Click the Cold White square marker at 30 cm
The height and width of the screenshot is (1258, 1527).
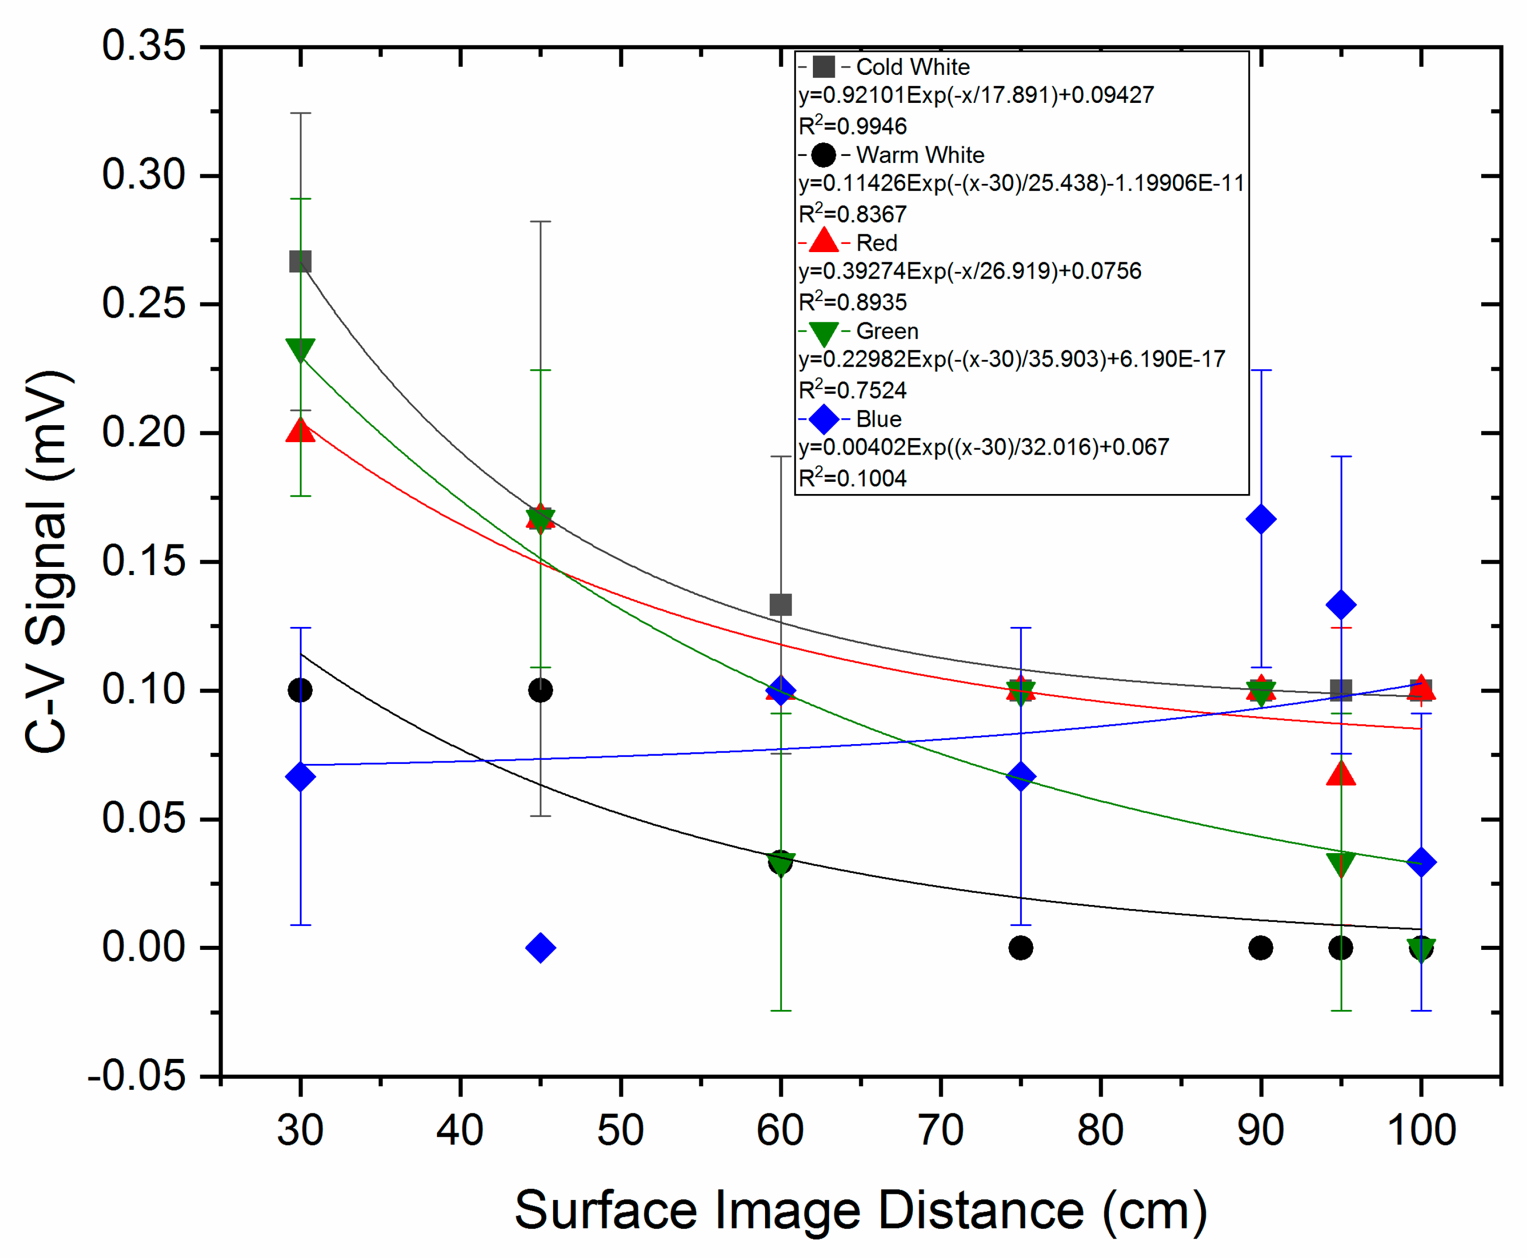pyautogui.click(x=300, y=262)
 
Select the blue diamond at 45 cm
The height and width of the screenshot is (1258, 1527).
pyautogui.click(x=540, y=947)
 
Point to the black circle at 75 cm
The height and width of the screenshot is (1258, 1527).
pyautogui.click(x=1020, y=947)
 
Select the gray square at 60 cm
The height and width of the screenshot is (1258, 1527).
pyautogui.click(x=780, y=605)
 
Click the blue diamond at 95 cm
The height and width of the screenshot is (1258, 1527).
pyautogui.click(x=1341, y=605)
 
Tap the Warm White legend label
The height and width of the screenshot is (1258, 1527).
pyautogui.click(x=920, y=155)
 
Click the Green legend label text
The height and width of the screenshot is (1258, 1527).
pyautogui.click(x=887, y=331)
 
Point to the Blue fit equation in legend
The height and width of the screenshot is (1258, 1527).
pyautogui.click(x=984, y=447)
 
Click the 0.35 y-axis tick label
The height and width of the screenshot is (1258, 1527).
pyautogui.click(x=144, y=46)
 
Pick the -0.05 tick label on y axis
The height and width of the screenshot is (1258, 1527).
pyautogui.click(x=137, y=1076)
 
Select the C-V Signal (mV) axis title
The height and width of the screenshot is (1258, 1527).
pyautogui.click(x=48, y=562)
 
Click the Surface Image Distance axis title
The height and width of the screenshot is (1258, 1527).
pyautogui.click(x=860, y=1210)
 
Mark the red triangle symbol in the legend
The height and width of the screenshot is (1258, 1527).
pyautogui.click(x=823, y=241)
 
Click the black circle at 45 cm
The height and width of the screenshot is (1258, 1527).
pyautogui.click(x=540, y=690)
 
